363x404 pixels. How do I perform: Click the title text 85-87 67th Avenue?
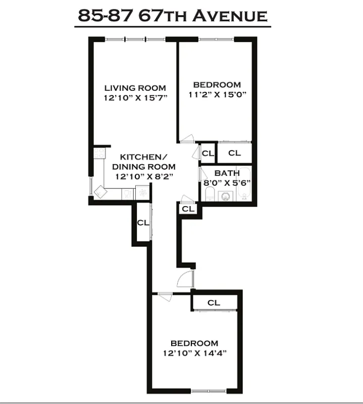coord(172,16)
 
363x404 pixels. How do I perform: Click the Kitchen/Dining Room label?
coord(143,162)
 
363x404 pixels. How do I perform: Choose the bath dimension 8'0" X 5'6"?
coord(227,183)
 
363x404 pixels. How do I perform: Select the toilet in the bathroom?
coord(211,194)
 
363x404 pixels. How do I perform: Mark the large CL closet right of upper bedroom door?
coord(234,153)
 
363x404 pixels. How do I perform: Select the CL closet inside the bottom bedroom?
coord(214,302)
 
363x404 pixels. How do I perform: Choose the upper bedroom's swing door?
coord(188,138)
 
